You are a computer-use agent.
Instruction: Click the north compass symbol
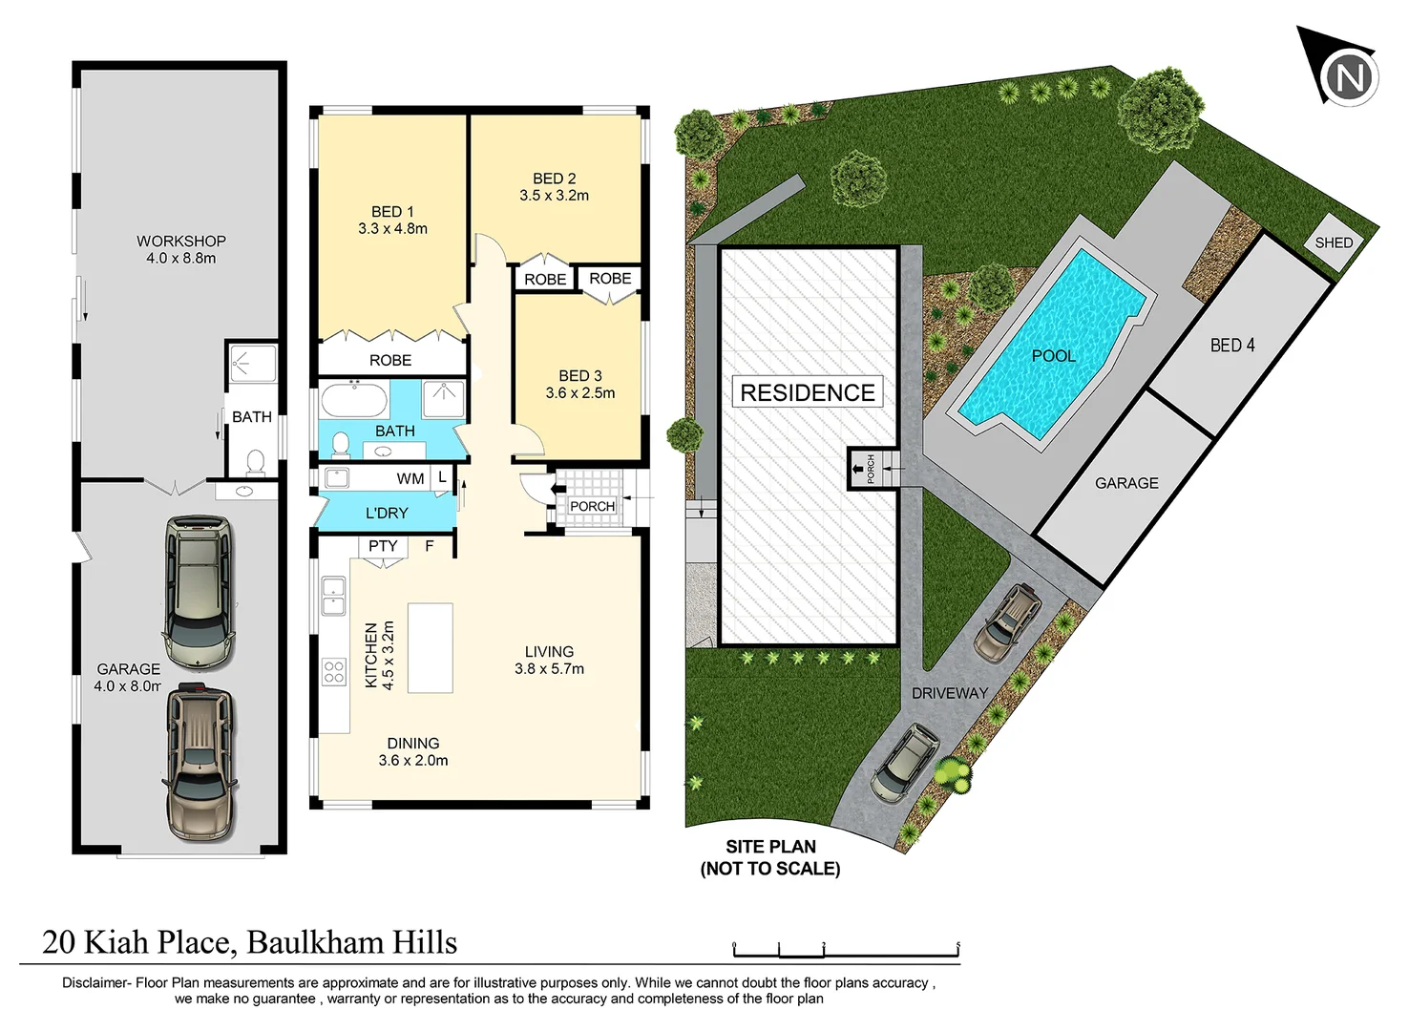pos(1347,75)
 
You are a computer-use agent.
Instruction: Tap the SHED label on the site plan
pos(1333,242)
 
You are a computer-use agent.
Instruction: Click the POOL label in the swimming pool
pos(1053,356)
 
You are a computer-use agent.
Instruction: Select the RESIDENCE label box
pos(807,392)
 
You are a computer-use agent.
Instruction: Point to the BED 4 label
pos(1231,346)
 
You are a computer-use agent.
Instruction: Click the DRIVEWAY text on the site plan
pos(949,693)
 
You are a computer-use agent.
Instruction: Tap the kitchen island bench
pos(430,647)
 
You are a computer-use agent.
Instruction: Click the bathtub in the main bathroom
pos(353,398)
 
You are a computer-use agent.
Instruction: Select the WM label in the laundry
pos(410,478)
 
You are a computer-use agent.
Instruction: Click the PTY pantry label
pos(383,546)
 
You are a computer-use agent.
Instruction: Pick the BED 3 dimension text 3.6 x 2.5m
pos(579,393)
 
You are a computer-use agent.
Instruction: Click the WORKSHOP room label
pos(180,242)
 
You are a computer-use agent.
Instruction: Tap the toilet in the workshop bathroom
pos(255,463)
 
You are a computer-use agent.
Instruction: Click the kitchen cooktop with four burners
pos(333,671)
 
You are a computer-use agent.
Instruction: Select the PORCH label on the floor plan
pos(592,506)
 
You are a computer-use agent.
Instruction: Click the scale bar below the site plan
pos(845,951)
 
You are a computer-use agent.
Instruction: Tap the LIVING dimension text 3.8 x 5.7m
pos(549,669)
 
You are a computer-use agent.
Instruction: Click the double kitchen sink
pos(333,595)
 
